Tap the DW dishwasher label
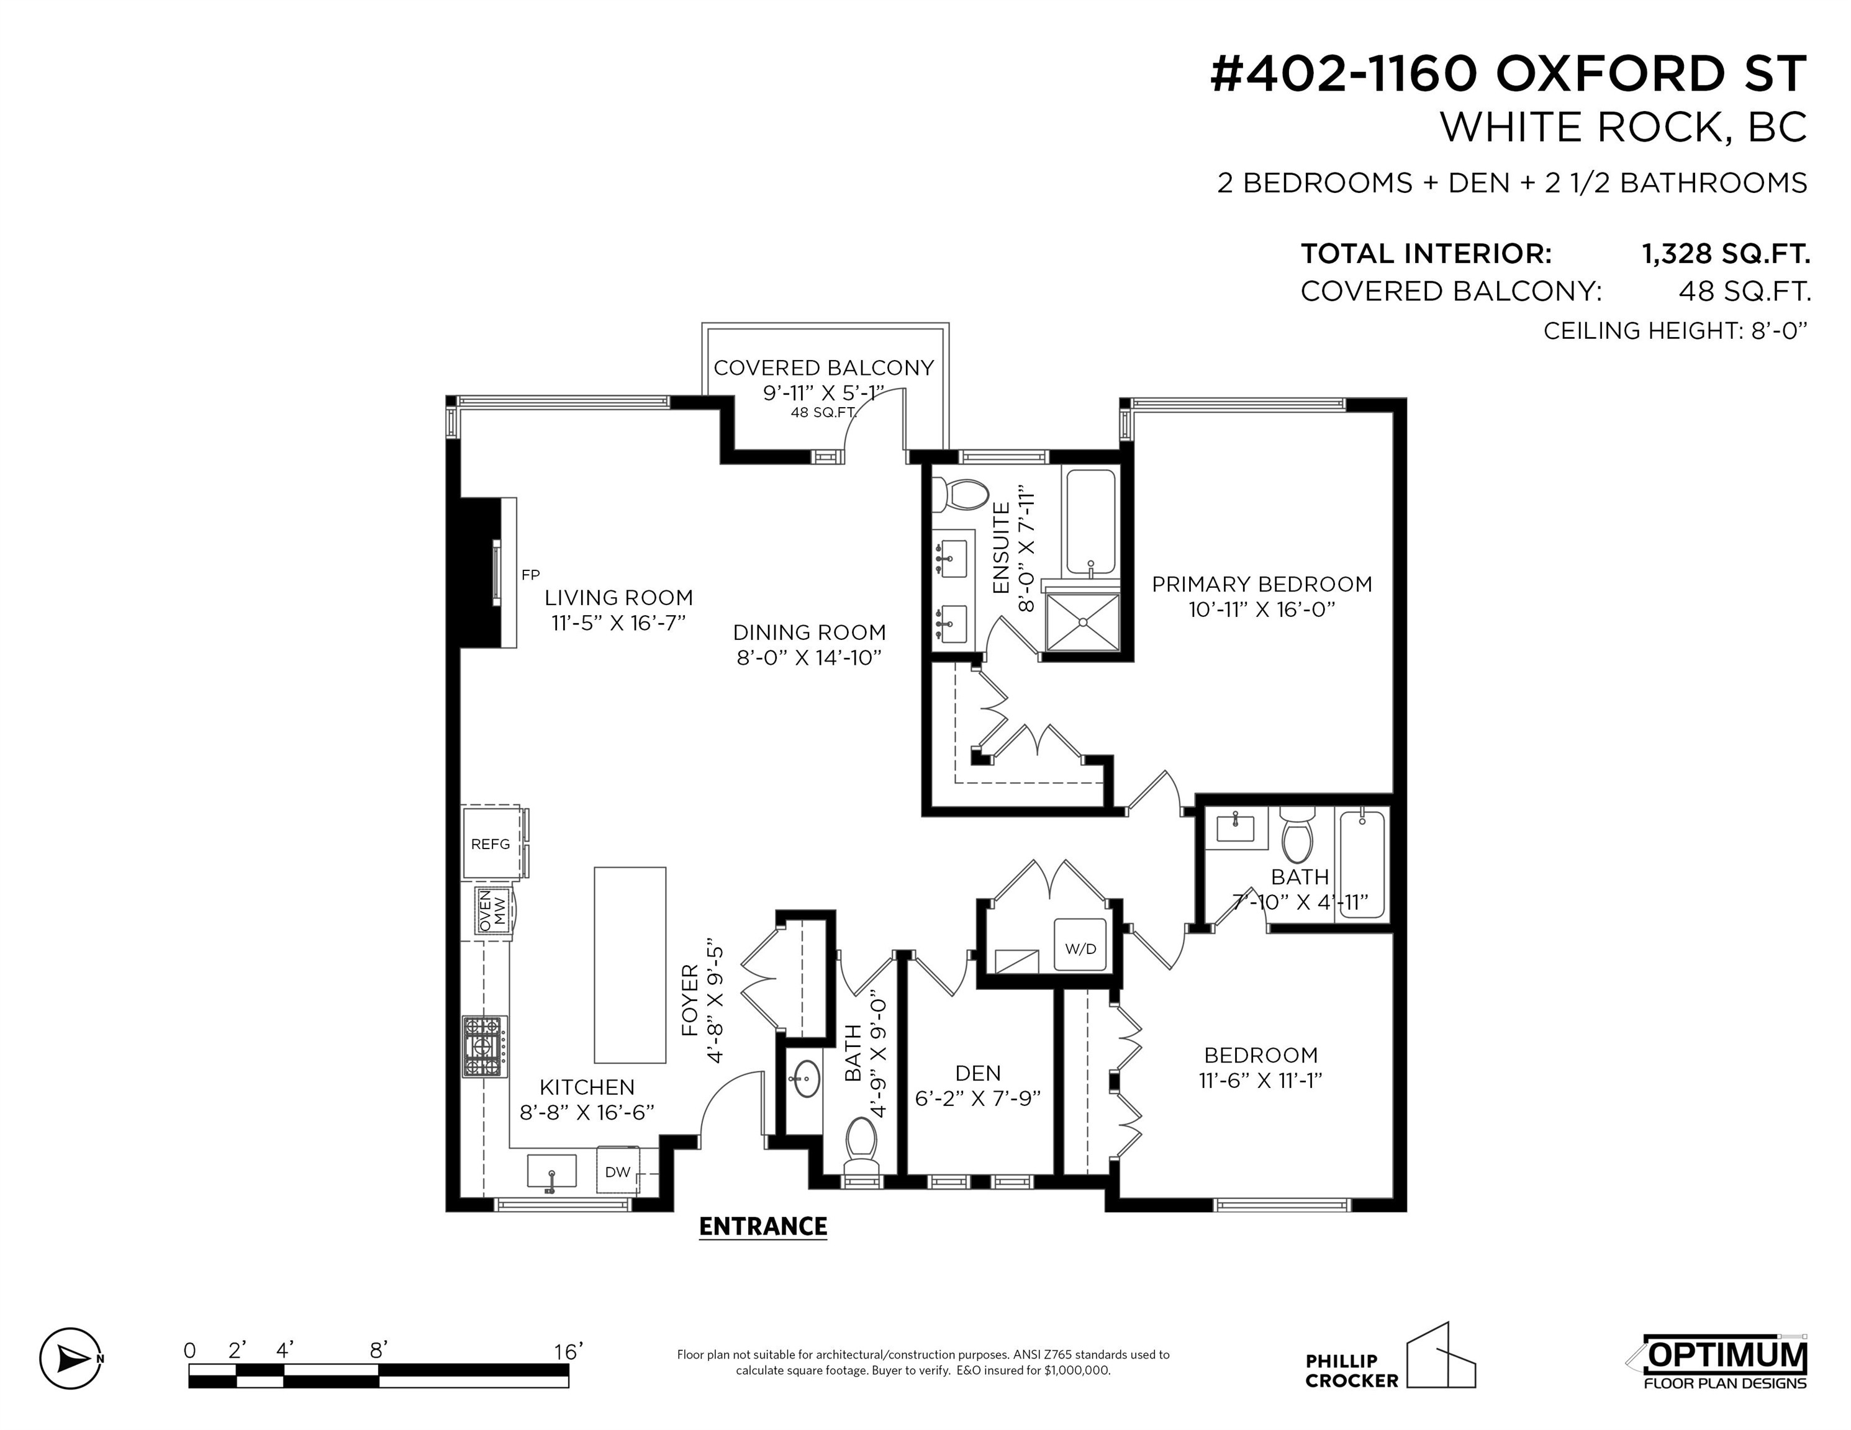[x=618, y=1172]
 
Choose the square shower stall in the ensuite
[x=1083, y=622]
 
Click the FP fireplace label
[x=530, y=574]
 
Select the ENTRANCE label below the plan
[x=763, y=1226]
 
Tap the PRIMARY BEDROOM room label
[x=1262, y=585]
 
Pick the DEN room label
[x=978, y=1073]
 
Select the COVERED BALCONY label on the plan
[x=824, y=367]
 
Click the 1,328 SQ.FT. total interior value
[x=1726, y=253]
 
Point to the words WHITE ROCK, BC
[x=1624, y=127]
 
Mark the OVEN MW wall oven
[x=493, y=912]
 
